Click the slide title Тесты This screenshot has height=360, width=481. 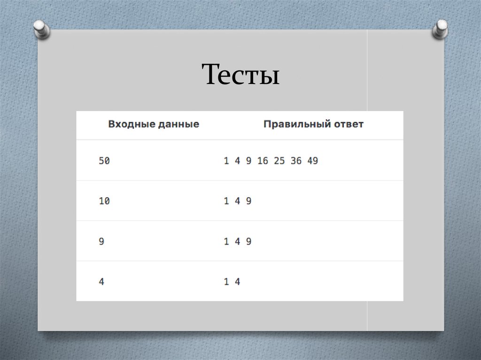pos(241,74)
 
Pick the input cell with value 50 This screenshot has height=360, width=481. pos(104,161)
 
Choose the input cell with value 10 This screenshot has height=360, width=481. pos(104,201)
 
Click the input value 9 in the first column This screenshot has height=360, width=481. pos(101,241)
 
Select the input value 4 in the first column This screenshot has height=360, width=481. pos(101,282)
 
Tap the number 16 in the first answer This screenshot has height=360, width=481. pos(263,161)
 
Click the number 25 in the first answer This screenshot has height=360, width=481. pos(279,161)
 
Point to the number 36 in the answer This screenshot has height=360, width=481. pos(296,161)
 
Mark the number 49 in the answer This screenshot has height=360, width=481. pos(313,161)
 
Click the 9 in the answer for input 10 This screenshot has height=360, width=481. pos(249,201)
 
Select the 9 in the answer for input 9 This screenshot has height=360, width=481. pos(249,241)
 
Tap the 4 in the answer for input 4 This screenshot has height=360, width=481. pos(237,282)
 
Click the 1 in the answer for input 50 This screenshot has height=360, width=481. pos(226,161)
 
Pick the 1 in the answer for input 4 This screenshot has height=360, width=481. pos(226,282)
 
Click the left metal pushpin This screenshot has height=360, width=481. pos(42,30)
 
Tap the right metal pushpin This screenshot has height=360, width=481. pos(440,29)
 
